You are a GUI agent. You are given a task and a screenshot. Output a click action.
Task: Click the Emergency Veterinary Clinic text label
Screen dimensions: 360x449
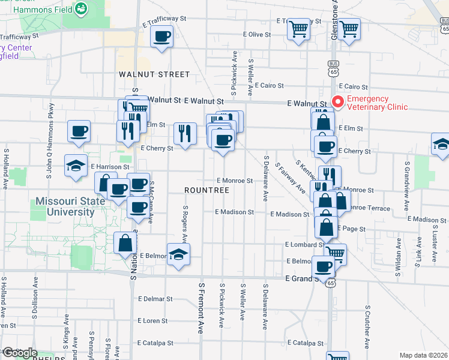[x=376, y=103]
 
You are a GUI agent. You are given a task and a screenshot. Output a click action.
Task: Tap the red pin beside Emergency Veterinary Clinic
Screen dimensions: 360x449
[x=337, y=103]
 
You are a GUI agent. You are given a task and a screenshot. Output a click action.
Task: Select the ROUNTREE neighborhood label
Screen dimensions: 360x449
[x=207, y=190]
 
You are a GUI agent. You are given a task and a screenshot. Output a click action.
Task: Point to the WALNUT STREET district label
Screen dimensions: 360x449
[x=154, y=74]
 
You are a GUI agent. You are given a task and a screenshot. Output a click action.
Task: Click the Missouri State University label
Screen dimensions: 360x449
[x=65, y=206]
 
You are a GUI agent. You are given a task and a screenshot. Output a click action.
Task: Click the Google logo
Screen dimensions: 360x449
[x=19, y=353]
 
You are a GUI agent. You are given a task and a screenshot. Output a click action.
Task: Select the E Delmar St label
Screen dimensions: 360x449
[x=155, y=298]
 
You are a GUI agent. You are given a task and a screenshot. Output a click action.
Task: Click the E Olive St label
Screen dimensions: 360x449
[x=261, y=35]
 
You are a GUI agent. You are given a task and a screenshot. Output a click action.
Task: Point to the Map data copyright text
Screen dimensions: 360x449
[x=424, y=355]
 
